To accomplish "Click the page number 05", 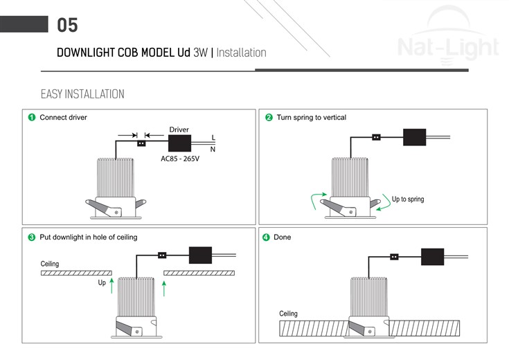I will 67,26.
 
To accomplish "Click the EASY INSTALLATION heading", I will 82,94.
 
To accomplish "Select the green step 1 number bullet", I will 31,118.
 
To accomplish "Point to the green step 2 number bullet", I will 269,118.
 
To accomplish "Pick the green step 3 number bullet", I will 31,237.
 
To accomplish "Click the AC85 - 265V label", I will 179,159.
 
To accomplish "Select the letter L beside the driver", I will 213,138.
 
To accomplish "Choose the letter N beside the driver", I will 213,149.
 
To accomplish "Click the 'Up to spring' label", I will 408,199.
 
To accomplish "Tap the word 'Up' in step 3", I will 102,283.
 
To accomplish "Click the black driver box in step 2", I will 414,136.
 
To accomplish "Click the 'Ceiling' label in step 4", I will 288,314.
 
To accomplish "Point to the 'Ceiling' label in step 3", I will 50,264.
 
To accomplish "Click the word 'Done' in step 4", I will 283,237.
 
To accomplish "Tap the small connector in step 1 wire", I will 141,143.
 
